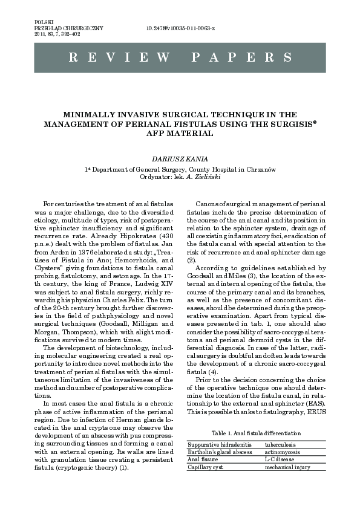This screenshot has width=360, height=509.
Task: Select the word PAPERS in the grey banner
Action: coord(242,57)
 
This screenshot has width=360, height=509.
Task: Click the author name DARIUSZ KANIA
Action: coord(180,158)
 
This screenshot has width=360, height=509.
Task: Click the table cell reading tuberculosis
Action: coord(280,444)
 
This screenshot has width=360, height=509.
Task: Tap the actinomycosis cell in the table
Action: coord(281,452)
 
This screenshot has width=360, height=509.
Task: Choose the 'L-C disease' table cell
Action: coord(278,459)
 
